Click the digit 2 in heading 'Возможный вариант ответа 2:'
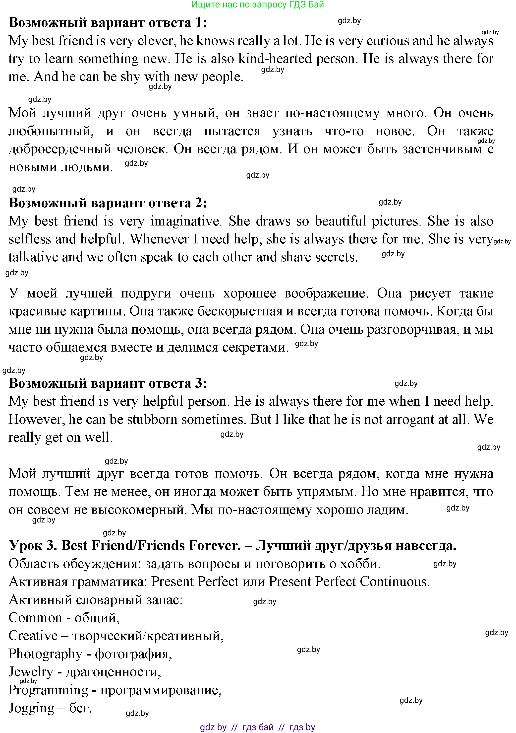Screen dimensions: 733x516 click(198, 203)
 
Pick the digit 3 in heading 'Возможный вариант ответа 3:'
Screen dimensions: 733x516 click(198, 383)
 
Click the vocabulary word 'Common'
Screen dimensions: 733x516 click(35, 618)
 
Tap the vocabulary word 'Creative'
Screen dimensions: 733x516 click(33, 636)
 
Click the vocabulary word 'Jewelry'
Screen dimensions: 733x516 click(31, 672)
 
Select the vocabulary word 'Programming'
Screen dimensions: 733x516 click(48, 690)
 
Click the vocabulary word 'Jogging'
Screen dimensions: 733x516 click(31, 708)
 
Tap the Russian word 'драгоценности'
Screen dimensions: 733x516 click(113, 672)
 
